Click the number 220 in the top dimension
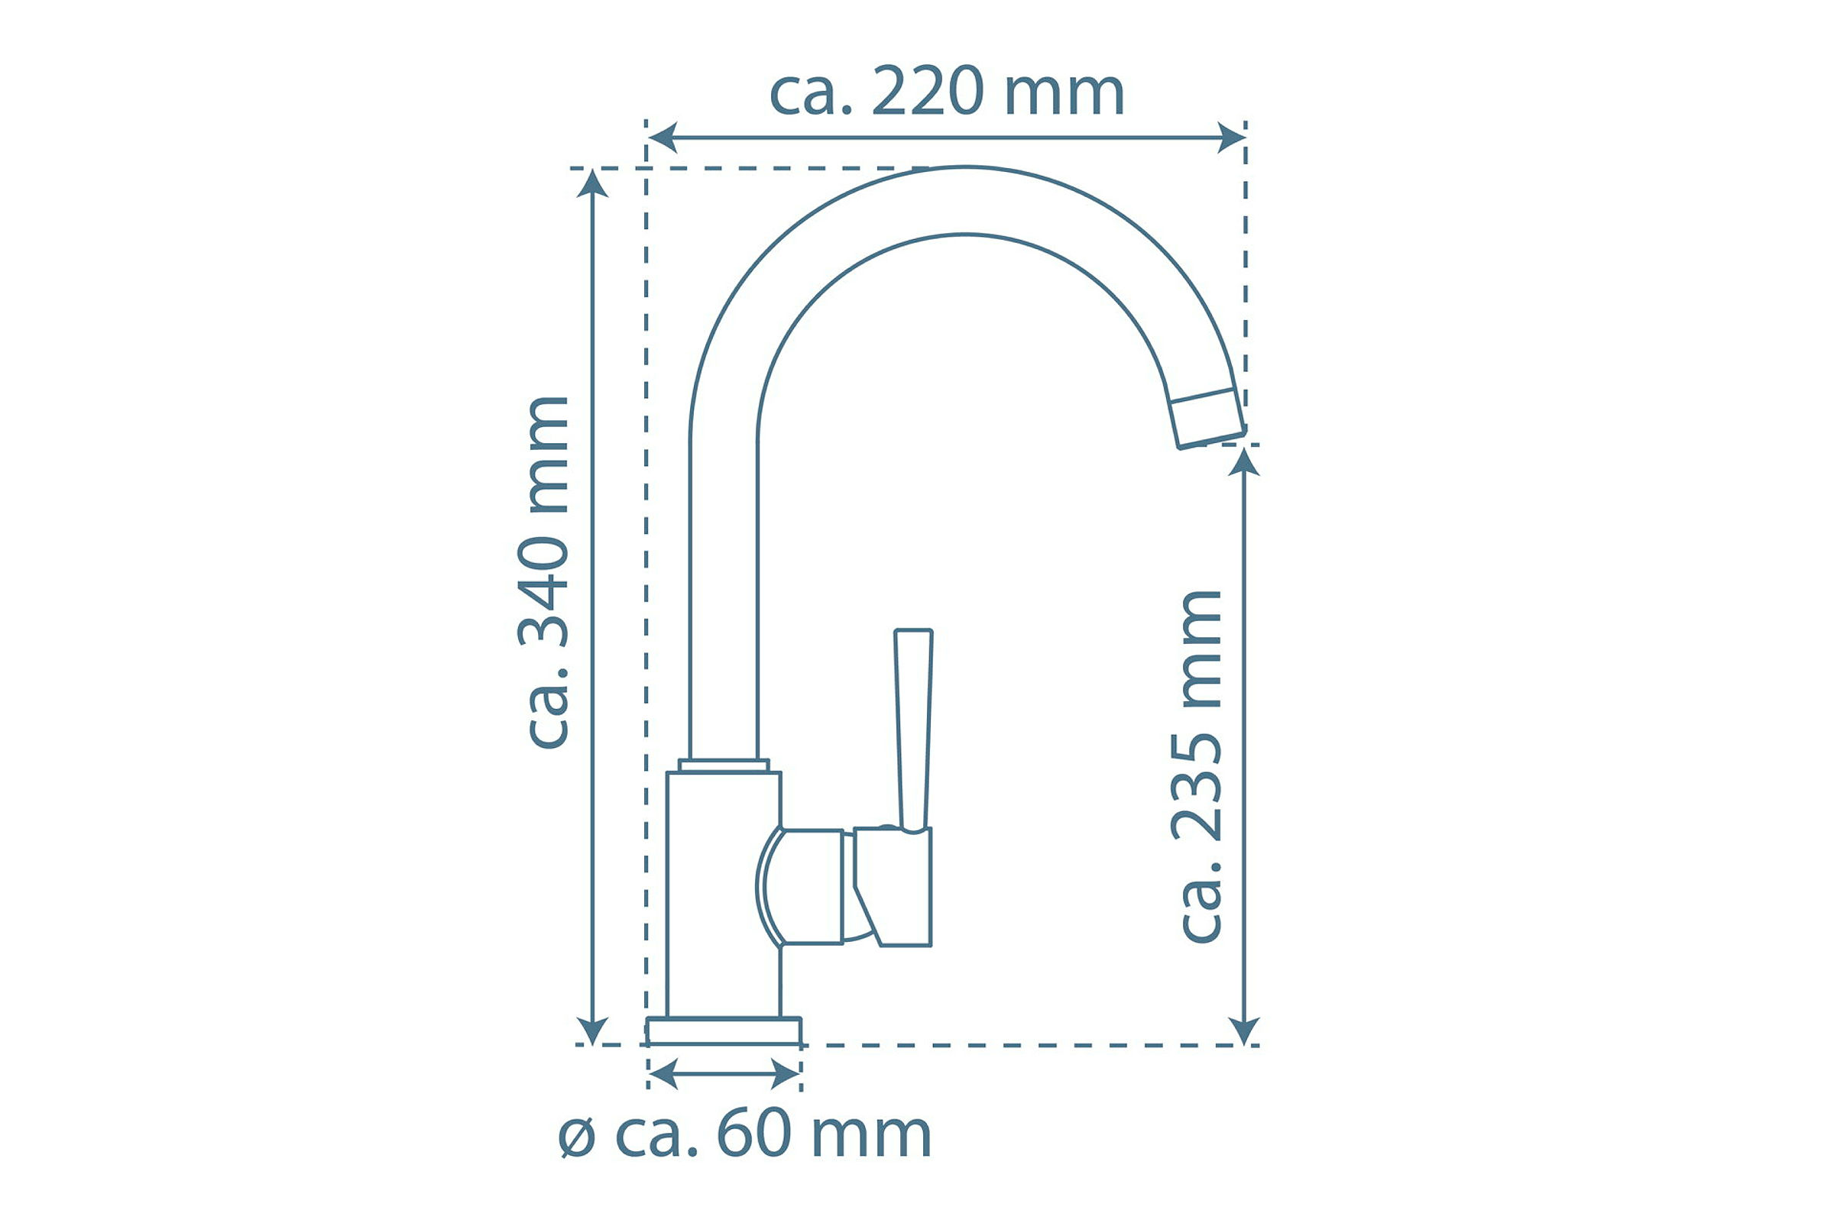(928, 92)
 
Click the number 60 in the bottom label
(754, 1135)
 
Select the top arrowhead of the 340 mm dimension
(593, 183)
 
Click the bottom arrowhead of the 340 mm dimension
(593, 1030)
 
